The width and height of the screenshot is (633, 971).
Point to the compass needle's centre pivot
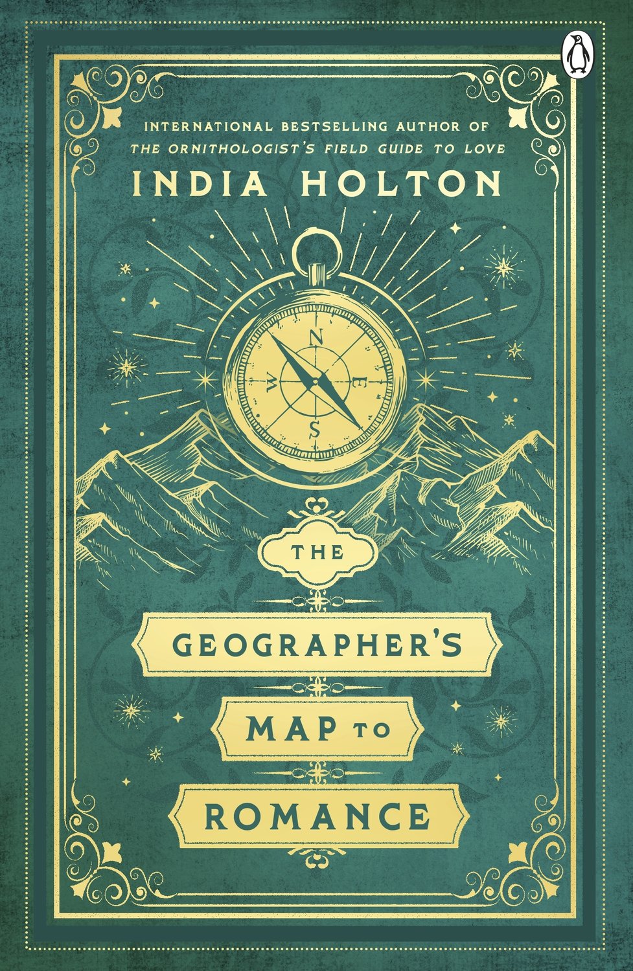tap(316, 383)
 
